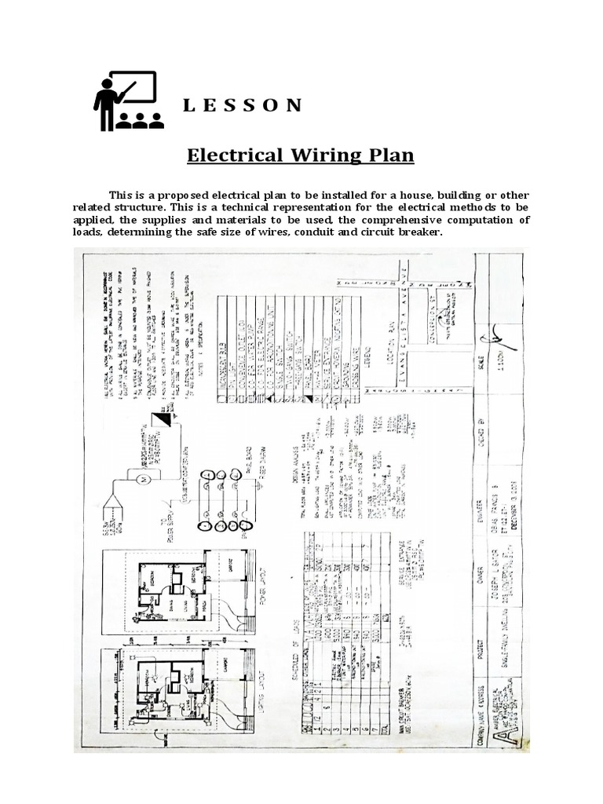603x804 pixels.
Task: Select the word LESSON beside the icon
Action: pos(242,106)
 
